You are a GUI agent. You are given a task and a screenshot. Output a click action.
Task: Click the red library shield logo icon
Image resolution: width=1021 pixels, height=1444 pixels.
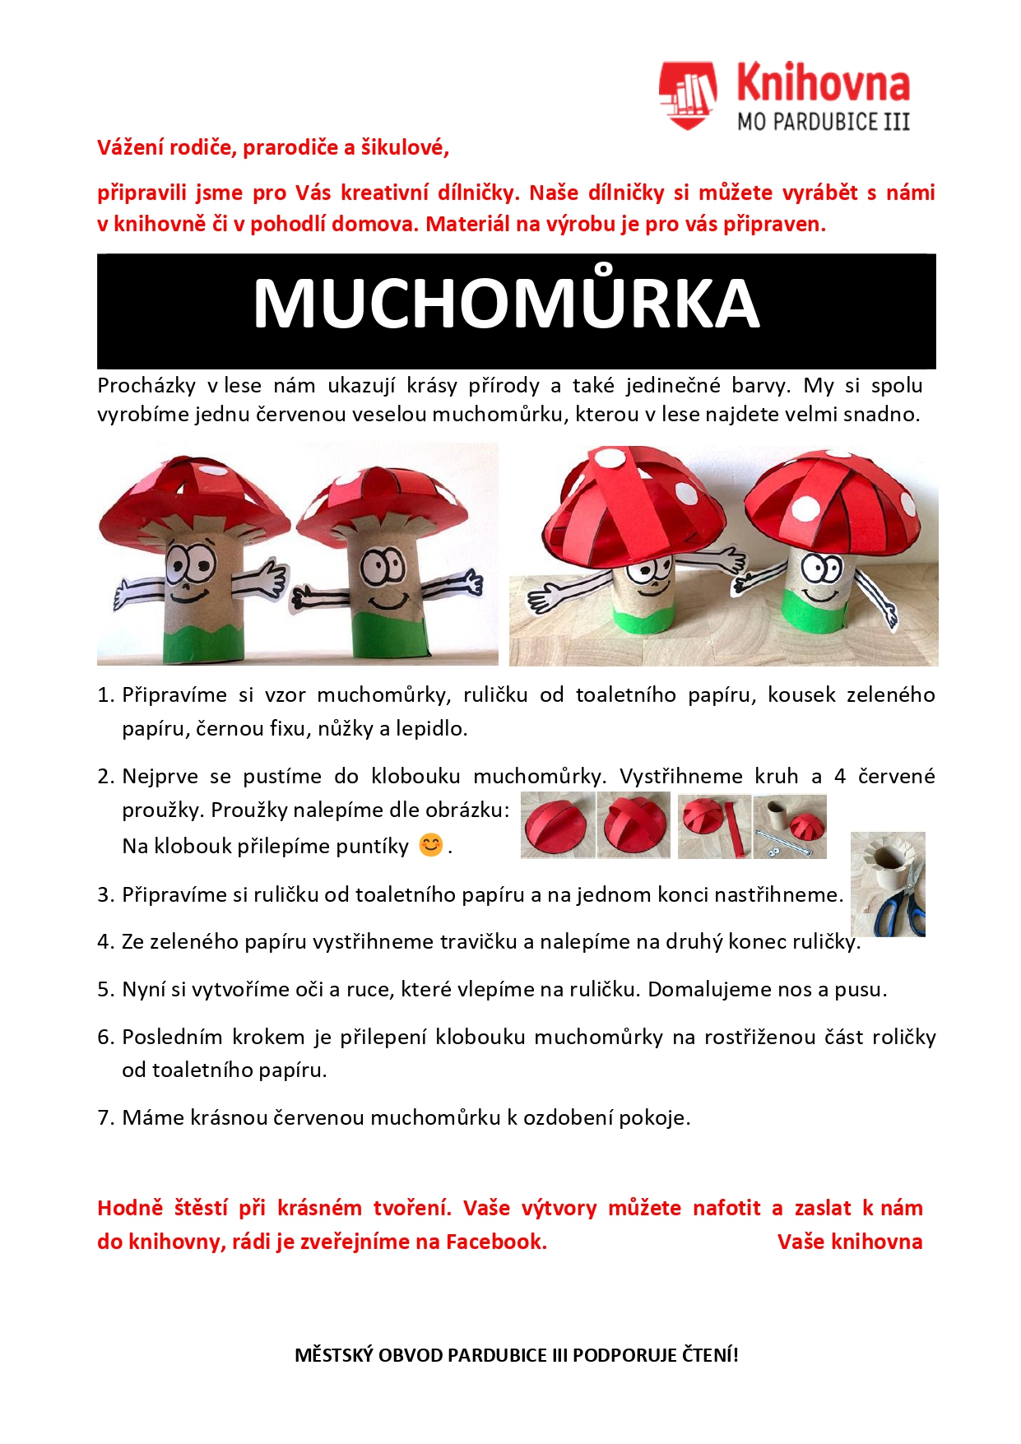(687, 95)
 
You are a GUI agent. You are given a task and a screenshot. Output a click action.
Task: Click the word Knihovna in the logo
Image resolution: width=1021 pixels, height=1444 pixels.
(823, 84)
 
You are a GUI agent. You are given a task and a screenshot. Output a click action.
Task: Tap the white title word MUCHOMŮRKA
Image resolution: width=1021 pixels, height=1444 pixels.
(506, 304)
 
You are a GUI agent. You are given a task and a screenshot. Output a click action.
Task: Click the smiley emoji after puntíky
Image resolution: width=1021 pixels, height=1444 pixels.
(431, 845)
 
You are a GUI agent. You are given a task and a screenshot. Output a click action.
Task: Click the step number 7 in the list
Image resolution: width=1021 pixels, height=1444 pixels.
(104, 1117)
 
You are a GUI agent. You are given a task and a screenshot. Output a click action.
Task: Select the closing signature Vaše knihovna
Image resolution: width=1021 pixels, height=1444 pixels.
(849, 1242)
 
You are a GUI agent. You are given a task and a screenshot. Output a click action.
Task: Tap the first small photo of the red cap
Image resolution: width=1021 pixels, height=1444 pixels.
(558, 825)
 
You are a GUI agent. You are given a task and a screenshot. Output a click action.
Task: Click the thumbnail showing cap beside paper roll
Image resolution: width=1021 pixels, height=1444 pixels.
(790, 825)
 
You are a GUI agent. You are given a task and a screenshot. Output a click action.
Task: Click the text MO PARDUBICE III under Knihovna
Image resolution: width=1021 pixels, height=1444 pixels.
(823, 122)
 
